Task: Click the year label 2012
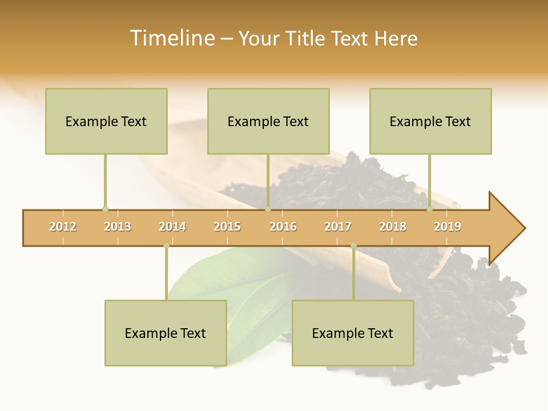coord(63,227)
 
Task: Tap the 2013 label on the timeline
coord(118,227)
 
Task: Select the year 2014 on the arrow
coord(172,227)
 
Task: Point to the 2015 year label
coord(227,227)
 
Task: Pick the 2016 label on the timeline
coord(283,227)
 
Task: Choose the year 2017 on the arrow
coord(338,227)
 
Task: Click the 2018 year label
coord(393,227)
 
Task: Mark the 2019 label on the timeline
coord(448,227)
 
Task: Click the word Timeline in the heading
coord(171,38)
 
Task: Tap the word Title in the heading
coord(307,38)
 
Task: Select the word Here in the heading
coord(396,38)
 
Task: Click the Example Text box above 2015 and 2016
coord(268,121)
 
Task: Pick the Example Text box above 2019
coord(430,121)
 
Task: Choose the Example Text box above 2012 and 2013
coord(106,121)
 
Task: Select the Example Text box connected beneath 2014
coord(166,333)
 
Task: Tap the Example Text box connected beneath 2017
coord(353,333)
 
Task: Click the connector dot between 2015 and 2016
coord(268,209)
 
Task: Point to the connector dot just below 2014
coord(166,245)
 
